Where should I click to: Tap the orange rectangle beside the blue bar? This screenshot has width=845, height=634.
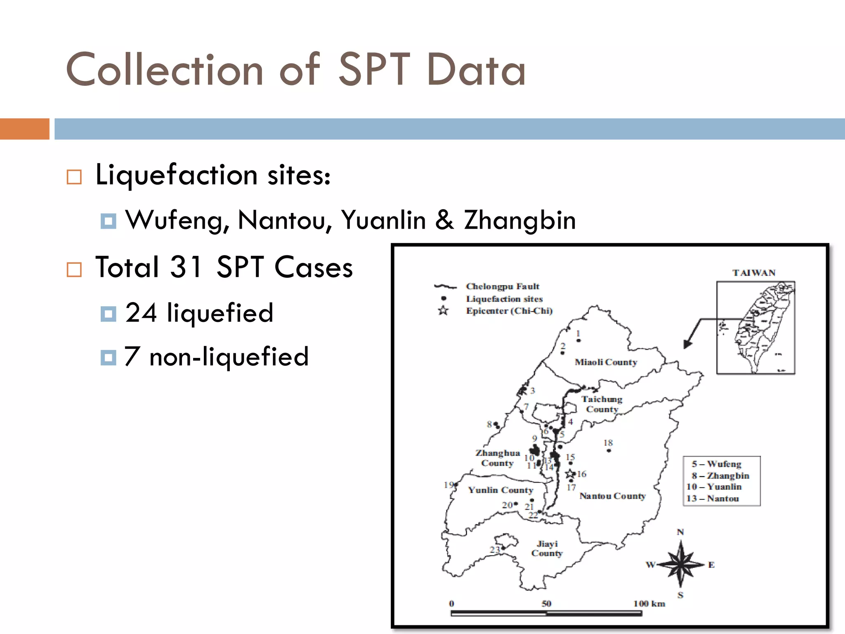[x=24, y=129]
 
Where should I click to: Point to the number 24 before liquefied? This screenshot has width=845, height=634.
[x=141, y=312]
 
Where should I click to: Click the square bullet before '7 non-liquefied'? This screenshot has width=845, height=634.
[x=108, y=357]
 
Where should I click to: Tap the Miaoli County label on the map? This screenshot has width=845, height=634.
[x=606, y=362]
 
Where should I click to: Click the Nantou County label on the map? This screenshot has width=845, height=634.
[x=612, y=496]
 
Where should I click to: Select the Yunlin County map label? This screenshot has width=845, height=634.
[x=500, y=490]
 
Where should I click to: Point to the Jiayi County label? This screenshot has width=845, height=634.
[x=547, y=549]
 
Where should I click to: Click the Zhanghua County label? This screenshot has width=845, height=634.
[x=498, y=458]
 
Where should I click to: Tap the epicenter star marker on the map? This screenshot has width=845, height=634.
[x=570, y=473]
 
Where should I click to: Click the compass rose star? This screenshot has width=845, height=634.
[x=681, y=564]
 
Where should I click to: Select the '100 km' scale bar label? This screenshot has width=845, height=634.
[x=649, y=603]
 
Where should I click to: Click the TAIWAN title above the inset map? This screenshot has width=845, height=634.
[x=754, y=273]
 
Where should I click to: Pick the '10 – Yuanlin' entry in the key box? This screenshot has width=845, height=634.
[x=714, y=487]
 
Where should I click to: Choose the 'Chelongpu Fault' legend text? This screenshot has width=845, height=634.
[x=503, y=286]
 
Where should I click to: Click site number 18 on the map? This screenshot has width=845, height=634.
[x=608, y=443]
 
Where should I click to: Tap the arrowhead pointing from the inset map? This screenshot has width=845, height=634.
[x=686, y=344]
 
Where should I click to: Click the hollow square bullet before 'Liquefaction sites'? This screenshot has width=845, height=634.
[x=74, y=177]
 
